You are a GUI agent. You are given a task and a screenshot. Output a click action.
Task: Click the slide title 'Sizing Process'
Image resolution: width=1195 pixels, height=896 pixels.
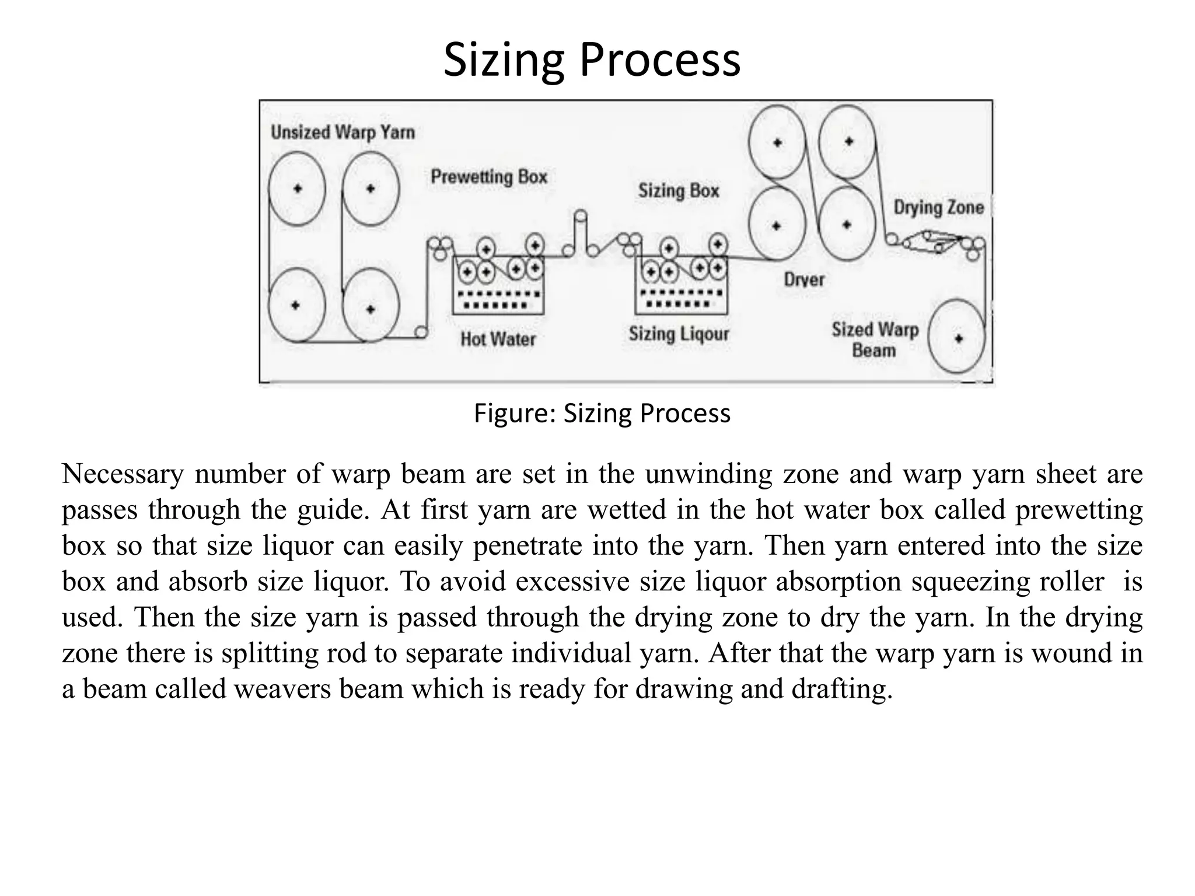pos(592,60)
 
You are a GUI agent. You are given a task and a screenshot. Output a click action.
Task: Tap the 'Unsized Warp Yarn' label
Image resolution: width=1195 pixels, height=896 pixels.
pos(343,132)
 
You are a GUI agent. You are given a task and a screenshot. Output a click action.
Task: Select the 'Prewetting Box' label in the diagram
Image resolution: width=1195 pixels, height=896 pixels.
pos(489,177)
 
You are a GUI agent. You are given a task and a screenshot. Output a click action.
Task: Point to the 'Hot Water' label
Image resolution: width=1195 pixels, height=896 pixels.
pos(498,339)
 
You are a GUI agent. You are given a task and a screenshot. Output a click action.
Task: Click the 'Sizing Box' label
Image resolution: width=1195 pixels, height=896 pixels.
pos(679,191)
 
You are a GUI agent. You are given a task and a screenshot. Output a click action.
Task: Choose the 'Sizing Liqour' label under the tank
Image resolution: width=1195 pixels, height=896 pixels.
pos(679,334)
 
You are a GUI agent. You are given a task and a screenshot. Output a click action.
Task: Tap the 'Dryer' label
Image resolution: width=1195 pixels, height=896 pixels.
pos(804,280)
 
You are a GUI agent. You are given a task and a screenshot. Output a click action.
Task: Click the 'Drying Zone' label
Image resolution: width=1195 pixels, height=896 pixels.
pos(938,208)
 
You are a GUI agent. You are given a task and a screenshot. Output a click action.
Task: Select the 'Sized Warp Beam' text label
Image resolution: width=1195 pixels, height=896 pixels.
pos(875,339)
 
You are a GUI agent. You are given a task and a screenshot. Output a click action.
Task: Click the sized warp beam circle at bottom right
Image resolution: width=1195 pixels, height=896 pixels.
pos(957,338)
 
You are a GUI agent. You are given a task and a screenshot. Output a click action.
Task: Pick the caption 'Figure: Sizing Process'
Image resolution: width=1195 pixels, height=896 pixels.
pos(602,414)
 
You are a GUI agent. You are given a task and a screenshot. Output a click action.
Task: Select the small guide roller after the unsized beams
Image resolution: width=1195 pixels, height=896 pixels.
pos(420,332)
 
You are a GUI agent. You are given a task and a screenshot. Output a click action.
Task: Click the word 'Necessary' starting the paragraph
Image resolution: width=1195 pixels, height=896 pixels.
pos(123,474)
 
